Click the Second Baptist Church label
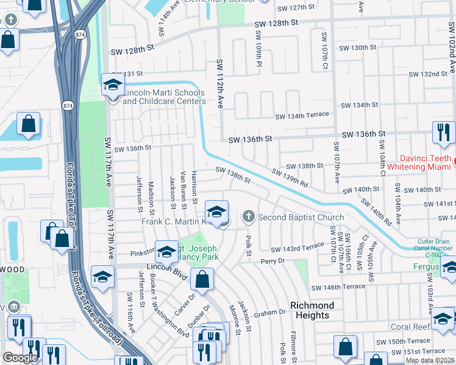tap(301, 217)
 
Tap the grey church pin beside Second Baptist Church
tap(248, 216)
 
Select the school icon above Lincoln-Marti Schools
tap(113, 86)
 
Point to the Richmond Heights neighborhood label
tap(312, 310)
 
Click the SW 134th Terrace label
tap(302, 115)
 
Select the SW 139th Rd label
tap(290, 178)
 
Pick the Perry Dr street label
tap(273, 261)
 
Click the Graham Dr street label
tap(269, 313)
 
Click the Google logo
tap(20, 358)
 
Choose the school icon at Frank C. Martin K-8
tap(216, 212)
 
